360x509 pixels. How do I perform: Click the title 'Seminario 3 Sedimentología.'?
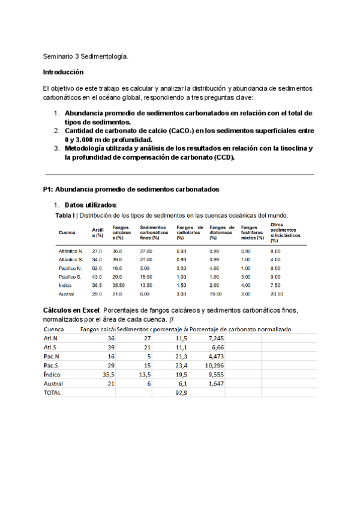(85, 56)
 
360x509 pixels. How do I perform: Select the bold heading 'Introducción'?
(64, 72)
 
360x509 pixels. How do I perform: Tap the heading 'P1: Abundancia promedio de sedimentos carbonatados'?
(131, 189)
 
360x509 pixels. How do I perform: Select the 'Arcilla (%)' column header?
(98, 232)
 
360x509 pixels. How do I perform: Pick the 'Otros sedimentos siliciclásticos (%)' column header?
(284, 232)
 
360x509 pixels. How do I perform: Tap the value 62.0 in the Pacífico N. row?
(97, 268)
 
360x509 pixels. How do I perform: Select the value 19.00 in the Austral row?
(215, 294)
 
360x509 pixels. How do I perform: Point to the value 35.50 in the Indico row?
(118, 285)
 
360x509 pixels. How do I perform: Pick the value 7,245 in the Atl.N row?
(215, 338)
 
